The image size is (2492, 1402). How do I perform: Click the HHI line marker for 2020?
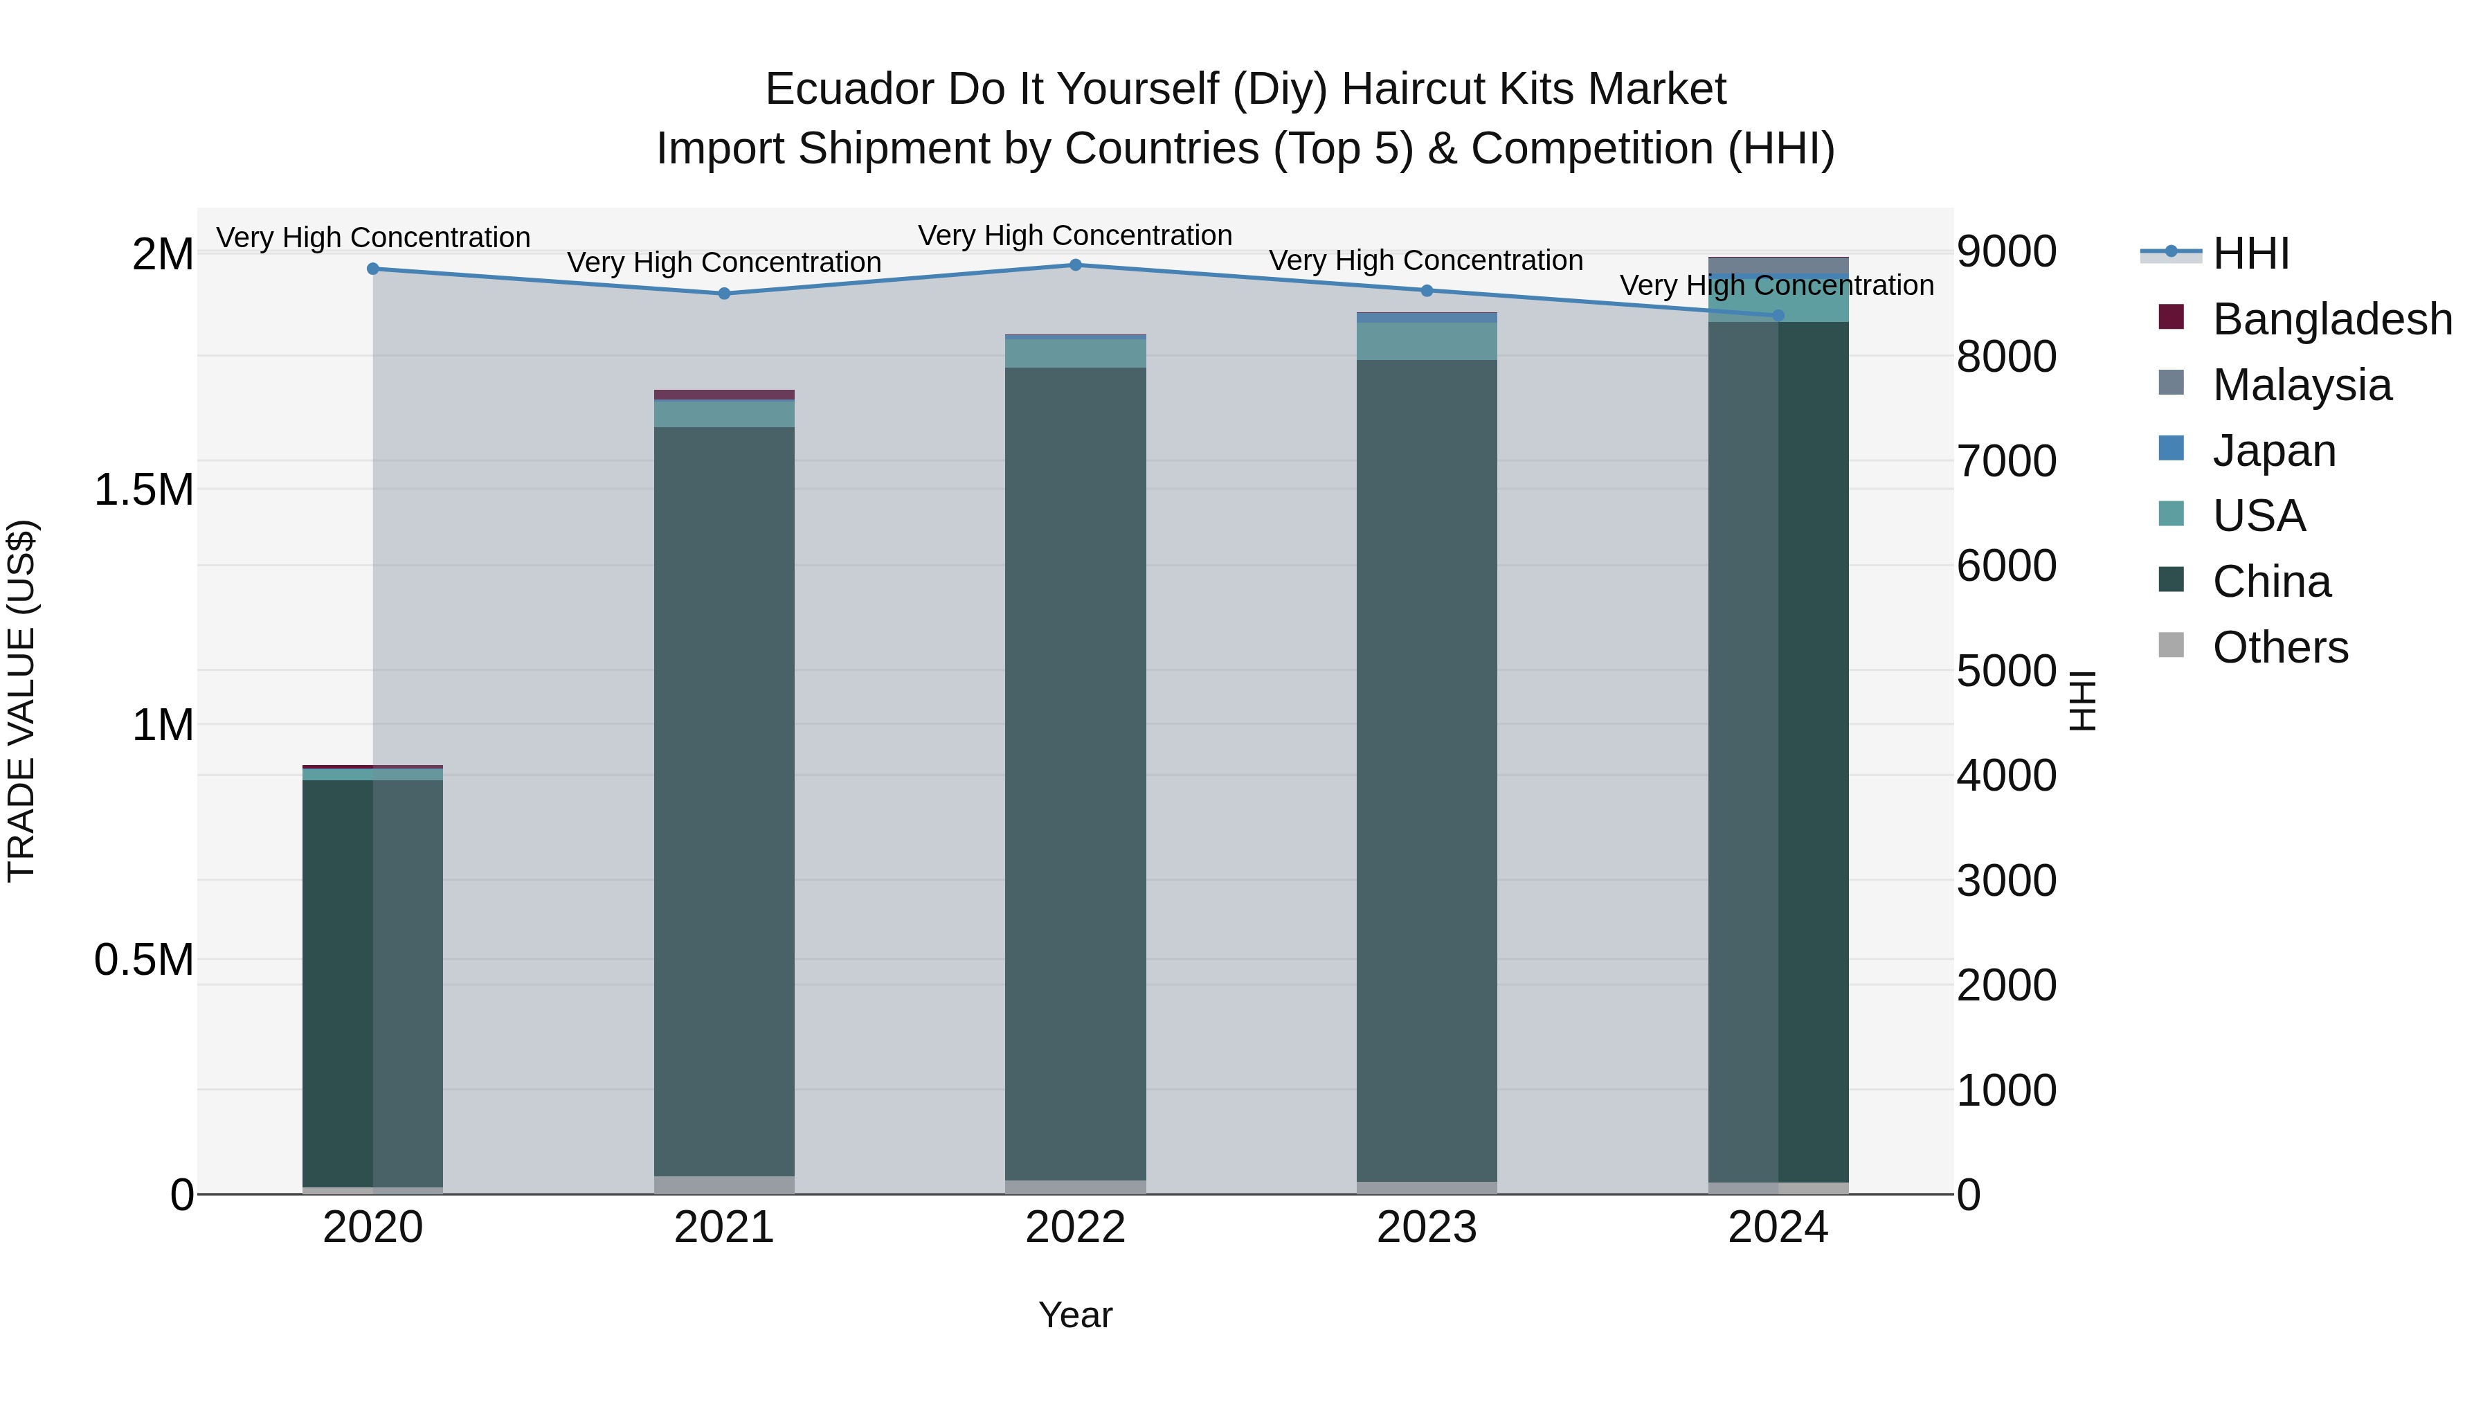(373, 269)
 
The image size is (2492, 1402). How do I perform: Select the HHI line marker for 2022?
(1076, 265)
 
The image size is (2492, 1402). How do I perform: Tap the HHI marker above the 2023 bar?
(1427, 290)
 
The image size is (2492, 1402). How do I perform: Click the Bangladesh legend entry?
(2331, 319)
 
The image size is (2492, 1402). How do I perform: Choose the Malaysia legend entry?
(2302, 385)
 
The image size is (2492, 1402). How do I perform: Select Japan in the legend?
(2273, 451)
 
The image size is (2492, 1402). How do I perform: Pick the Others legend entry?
(2280, 647)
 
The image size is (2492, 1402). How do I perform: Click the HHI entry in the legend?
(2250, 253)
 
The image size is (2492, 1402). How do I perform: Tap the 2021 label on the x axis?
(725, 1228)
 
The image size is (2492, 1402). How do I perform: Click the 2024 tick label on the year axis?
(1778, 1228)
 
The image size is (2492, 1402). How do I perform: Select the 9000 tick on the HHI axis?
(2006, 251)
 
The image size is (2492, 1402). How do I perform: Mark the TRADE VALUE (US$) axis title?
(22, 701)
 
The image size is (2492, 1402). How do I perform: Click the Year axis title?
(1076, 1315)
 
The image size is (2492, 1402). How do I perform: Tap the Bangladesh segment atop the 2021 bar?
(725, 395)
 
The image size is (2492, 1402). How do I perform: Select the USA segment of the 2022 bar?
(1076, 353)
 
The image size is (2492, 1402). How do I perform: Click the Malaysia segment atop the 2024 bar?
(1778, 266)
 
